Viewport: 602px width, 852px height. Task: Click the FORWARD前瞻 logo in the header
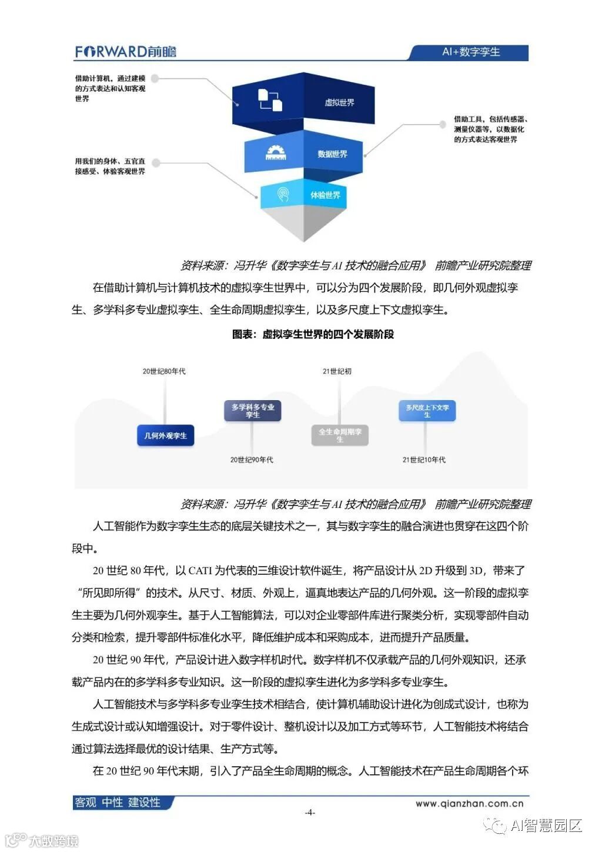(x=125, y=52)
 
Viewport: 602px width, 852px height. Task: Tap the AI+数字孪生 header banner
(x=470, y=52)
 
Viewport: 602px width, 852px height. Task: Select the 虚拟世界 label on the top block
(x=339, y=102)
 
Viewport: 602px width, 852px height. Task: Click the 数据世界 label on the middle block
(x=332, y=154)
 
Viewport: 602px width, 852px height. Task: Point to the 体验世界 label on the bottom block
(x=325, y=195)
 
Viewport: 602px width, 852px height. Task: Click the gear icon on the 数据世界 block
(x=275, y=153)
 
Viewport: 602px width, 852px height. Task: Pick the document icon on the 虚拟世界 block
(x=270, y=99)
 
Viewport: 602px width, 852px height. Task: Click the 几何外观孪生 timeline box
(x=165, y=435)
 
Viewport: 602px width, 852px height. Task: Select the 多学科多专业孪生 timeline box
(x=252, y=411)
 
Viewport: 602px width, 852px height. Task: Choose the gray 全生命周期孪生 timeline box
(x=339, y=435)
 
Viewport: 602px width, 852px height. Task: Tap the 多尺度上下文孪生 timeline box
(x=427, y=411)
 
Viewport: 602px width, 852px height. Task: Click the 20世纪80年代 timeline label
(x=164, y=371)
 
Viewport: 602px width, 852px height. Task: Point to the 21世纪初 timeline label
(x=337, y=371)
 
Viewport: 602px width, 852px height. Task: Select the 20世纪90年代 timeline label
(x=252, y=460)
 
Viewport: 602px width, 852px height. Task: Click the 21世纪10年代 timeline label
(x=424, y=460)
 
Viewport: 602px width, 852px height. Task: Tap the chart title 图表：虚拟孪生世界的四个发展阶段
(x=313, y=334)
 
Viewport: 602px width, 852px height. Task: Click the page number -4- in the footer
(x=310, y=813)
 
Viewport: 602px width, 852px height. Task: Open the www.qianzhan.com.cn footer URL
(x=469, y=803)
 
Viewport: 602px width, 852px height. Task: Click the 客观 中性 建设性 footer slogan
(x=118, y=803)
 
